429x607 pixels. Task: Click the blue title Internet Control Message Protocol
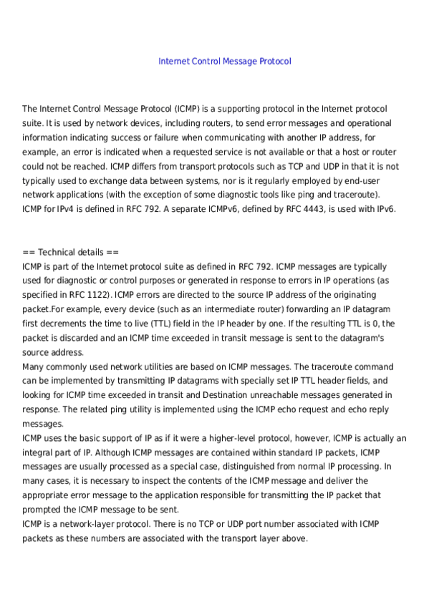click(x=224, y=62)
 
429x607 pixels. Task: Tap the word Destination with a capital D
click(x=230, y=395)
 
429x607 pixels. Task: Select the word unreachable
click(x=288, y=395)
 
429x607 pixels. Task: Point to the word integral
click(x=39, y=452)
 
